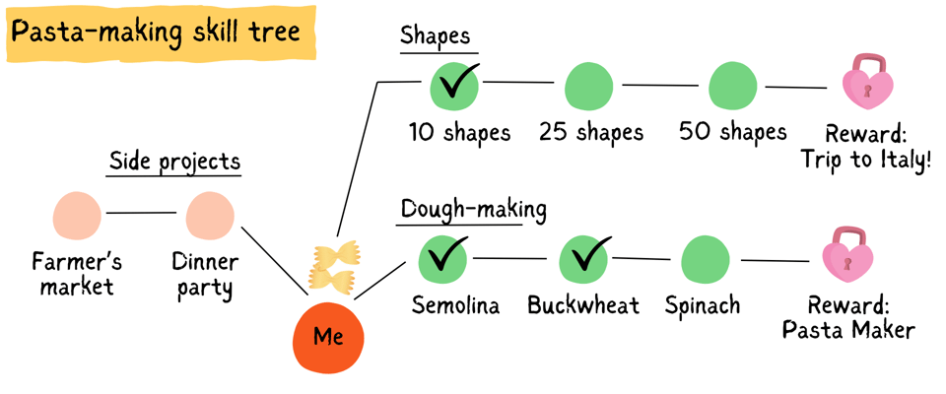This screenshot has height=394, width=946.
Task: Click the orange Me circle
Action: click(328, 336)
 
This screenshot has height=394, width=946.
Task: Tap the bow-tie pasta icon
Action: click(332, 266)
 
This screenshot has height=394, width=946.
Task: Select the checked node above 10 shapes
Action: click(454, 86)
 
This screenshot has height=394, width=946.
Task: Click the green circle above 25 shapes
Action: click(588, 87)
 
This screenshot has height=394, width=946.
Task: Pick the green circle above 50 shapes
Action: click(732, 87)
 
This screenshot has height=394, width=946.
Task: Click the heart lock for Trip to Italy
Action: click(867, 83)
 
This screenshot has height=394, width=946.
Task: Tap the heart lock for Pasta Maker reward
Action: click(847, 256)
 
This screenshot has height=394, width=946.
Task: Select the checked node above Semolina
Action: click(442, 259)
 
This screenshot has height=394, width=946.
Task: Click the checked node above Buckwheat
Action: click(584, 259)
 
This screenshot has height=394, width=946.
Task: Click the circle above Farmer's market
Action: click(77, 216)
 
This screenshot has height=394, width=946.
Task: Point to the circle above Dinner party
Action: click(210, 216)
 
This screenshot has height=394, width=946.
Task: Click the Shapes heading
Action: click(435, 36)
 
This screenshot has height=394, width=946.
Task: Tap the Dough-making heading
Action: click(473, 210)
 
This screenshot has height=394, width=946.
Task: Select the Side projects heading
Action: click(174, 161)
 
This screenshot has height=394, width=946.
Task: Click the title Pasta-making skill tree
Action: click(155, 32)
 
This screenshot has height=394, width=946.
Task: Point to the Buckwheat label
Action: click(582, 305)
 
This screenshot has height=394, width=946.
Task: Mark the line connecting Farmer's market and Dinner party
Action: click(142, 213)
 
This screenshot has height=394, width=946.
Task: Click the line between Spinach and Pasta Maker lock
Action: click(776, 261)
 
